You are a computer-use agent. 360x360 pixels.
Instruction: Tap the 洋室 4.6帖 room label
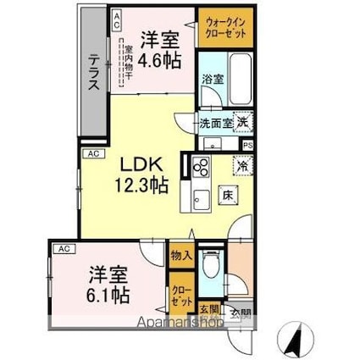(158, 49)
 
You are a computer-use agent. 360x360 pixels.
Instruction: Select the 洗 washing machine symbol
(242, 123)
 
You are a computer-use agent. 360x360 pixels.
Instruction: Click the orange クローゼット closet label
(180, 296)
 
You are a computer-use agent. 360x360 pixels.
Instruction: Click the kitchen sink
(202, 200)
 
